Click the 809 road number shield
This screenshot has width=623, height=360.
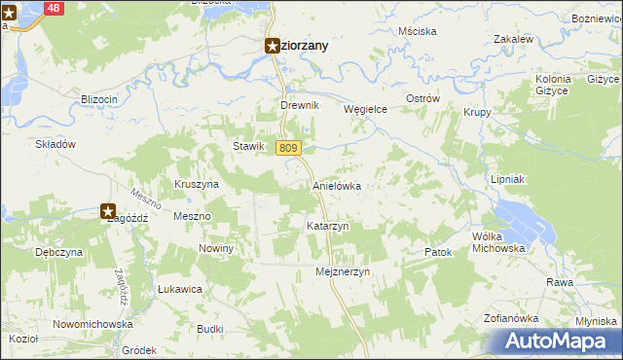286,148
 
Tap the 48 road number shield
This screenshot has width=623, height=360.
54,8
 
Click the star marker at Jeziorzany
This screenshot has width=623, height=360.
273,45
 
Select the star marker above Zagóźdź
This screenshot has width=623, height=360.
108,209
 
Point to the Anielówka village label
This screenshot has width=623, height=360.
337,185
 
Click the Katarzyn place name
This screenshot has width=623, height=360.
328,226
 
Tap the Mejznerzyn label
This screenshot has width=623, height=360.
344,272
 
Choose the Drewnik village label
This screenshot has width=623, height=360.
299,105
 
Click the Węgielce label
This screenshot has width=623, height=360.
366,110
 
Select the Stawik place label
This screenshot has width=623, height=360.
248,146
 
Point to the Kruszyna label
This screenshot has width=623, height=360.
196,183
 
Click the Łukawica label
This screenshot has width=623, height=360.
179,289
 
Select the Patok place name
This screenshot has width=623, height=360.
439,253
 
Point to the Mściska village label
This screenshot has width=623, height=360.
417,31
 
